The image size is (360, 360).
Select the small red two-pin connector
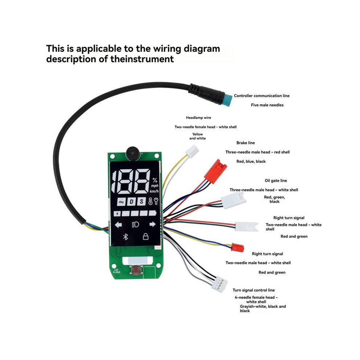pos(237,248)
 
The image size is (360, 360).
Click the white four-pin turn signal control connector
pos(220,283)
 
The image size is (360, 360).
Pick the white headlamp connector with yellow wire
pos(192,151)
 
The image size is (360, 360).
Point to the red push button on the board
pos(136,269)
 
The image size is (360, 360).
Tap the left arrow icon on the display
pos(118,224)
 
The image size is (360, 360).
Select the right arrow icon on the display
pos(152,224)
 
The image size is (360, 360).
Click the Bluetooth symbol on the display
pos(125,237)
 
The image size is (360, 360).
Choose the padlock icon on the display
pos(145,236)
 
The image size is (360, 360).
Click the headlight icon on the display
pos(135,224)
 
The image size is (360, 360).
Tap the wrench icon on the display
pos(156,201)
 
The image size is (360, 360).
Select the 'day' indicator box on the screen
pos(121,202)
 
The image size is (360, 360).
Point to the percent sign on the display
pos(155,180)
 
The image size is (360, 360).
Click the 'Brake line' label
pos(245,143)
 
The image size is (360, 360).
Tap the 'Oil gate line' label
pos(276,181)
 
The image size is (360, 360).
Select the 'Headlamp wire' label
pos(199,117)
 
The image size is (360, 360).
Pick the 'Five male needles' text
pos(267,105)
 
